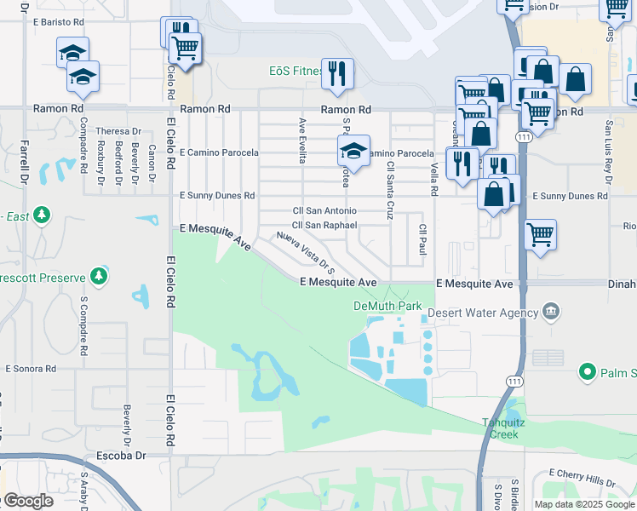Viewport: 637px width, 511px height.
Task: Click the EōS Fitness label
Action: (x=294, y=72)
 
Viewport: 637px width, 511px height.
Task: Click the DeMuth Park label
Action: (x=387, y=305)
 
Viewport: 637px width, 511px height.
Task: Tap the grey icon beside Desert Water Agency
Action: (x=551, y=312)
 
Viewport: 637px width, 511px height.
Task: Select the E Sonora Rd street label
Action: (x=31, y=369)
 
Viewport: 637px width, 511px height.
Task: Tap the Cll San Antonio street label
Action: (x=324, y=210)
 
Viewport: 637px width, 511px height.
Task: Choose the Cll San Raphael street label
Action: (x=324, y=225)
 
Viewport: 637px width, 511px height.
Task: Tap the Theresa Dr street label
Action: (x=118, y=131)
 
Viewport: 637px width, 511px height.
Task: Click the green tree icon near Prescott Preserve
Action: (x=100, y=276)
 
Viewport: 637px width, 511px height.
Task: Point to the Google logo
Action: (x=27, y=501)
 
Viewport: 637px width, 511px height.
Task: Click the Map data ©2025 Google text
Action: (x=584, y=504)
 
